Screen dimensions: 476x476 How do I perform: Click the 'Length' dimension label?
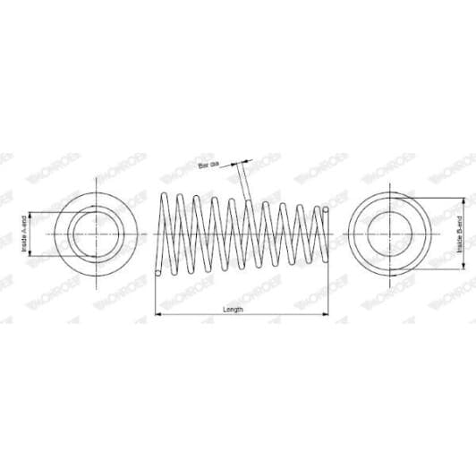pos(233,309)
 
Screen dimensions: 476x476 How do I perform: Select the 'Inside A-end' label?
pos(24,236)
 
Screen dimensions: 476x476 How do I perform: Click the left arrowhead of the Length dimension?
pos(159,315)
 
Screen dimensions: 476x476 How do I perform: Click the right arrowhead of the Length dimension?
pos(328,315)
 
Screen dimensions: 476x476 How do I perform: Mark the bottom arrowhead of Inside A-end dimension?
pos(31,257)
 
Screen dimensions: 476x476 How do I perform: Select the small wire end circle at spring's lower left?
pos(159,274)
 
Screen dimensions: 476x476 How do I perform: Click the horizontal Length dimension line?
pos(268,315)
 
